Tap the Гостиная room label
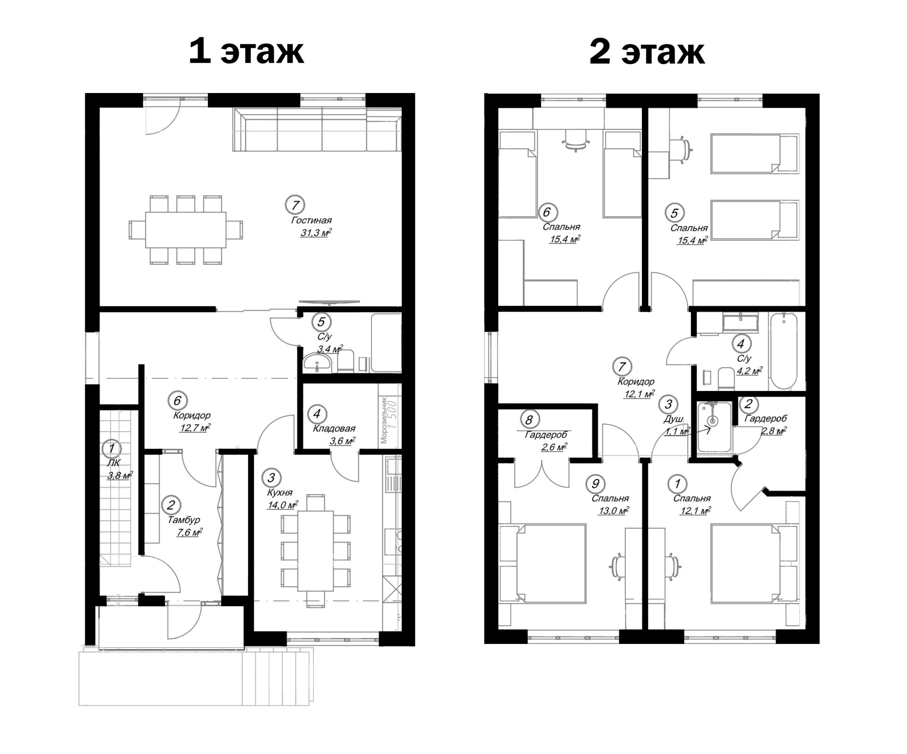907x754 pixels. point(311,220)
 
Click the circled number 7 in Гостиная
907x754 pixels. point(295,205)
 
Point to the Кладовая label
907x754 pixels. point(334,429)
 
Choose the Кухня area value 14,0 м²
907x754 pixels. point(282,505)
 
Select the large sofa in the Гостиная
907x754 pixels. point(317,130)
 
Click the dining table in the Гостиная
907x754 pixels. point(186,229)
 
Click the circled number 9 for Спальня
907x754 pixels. point(595,483)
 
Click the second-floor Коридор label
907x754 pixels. point(636,381)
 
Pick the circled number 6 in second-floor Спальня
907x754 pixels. point(546,212)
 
